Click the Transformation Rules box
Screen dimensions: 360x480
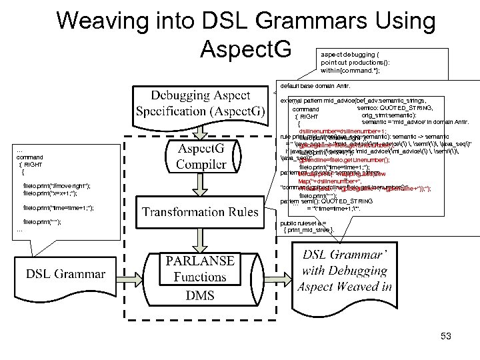(200, 212)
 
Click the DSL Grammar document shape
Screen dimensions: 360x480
(65, 273)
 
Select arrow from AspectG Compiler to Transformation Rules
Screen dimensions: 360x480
(200, 189)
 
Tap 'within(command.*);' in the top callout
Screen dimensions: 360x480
(351, 70)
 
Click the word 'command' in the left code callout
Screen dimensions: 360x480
(31, 157)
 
